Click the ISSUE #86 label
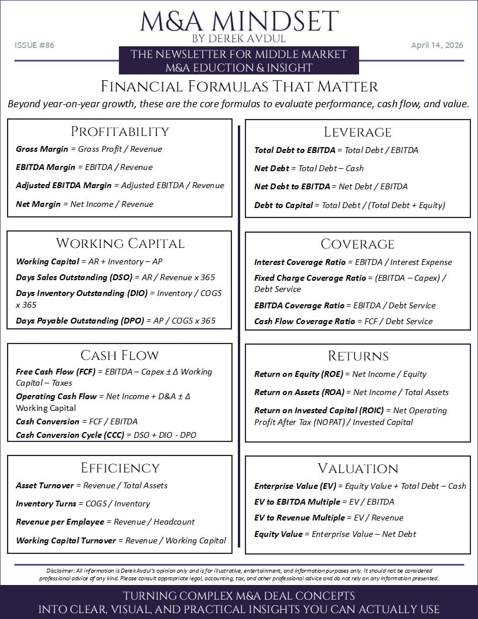tap(35, 45)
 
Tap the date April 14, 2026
tap(436, 45)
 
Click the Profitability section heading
tap(119, 131)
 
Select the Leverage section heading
tap(357, 132)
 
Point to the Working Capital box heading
tap(119, 243)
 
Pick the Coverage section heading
tap(357, 244)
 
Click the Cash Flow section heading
tap(119, 355)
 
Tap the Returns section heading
tap(357, 356)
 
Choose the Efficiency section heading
tap(119, 468)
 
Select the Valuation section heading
tap(357, 468)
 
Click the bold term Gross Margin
tap(42, 149)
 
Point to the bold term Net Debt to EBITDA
tap(292, 186)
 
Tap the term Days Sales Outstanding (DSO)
tap(74, 277)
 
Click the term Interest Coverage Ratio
tap(299, 262)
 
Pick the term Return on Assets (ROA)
tap(299, 392)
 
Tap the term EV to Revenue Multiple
tap(299, 518)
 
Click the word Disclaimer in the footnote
tap(60, 571)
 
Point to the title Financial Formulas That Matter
tap(239, 87)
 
